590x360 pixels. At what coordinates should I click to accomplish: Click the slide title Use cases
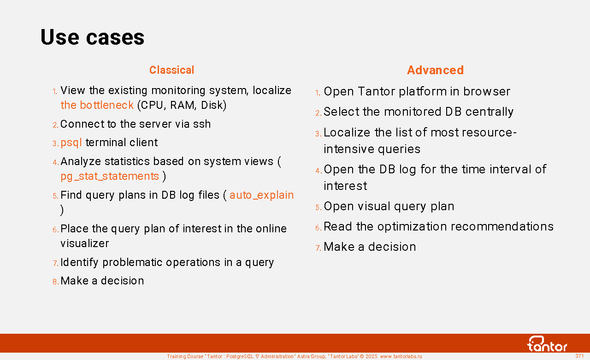tap(93, 37)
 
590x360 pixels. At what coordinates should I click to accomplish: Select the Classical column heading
tap(172, 70)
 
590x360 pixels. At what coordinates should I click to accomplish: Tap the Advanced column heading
tap(435, 70)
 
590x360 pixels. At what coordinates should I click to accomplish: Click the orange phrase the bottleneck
tap(97, 105)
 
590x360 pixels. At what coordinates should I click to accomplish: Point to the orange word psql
tap(71, 143)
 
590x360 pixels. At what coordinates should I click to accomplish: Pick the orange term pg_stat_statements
tap(110, 177)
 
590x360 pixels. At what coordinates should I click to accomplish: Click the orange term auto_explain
tap(261, 195)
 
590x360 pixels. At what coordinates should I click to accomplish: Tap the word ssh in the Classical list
tap(202, 124)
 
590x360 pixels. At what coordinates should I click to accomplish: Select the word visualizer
tap(84, 243)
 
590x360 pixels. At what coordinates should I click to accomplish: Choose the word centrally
tap(490, 112)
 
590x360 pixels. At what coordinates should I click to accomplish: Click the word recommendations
tap(502, 226)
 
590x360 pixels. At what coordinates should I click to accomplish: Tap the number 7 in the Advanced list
tap(318, 248)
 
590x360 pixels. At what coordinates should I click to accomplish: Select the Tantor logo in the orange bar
tap(547, 343)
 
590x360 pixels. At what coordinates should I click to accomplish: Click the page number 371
tap(579, 356)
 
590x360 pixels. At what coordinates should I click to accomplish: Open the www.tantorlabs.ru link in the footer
tap(401, 356)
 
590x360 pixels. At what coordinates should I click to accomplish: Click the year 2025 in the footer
tap(371, 356)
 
